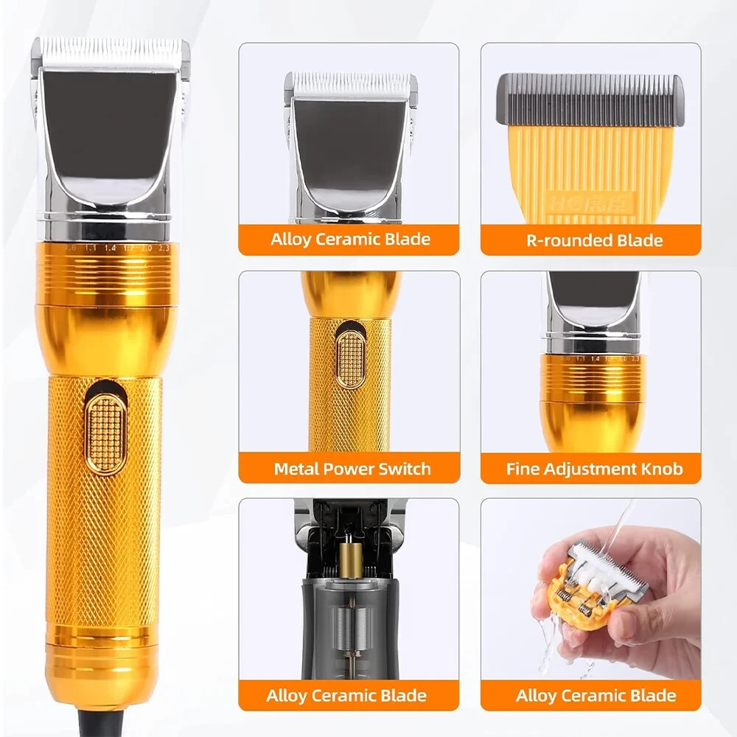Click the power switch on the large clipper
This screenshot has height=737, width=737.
[106, 433]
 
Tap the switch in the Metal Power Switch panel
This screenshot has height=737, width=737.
[351, 359]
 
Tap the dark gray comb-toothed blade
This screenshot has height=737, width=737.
[590, 100]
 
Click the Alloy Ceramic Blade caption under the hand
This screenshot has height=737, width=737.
[595, 695]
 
